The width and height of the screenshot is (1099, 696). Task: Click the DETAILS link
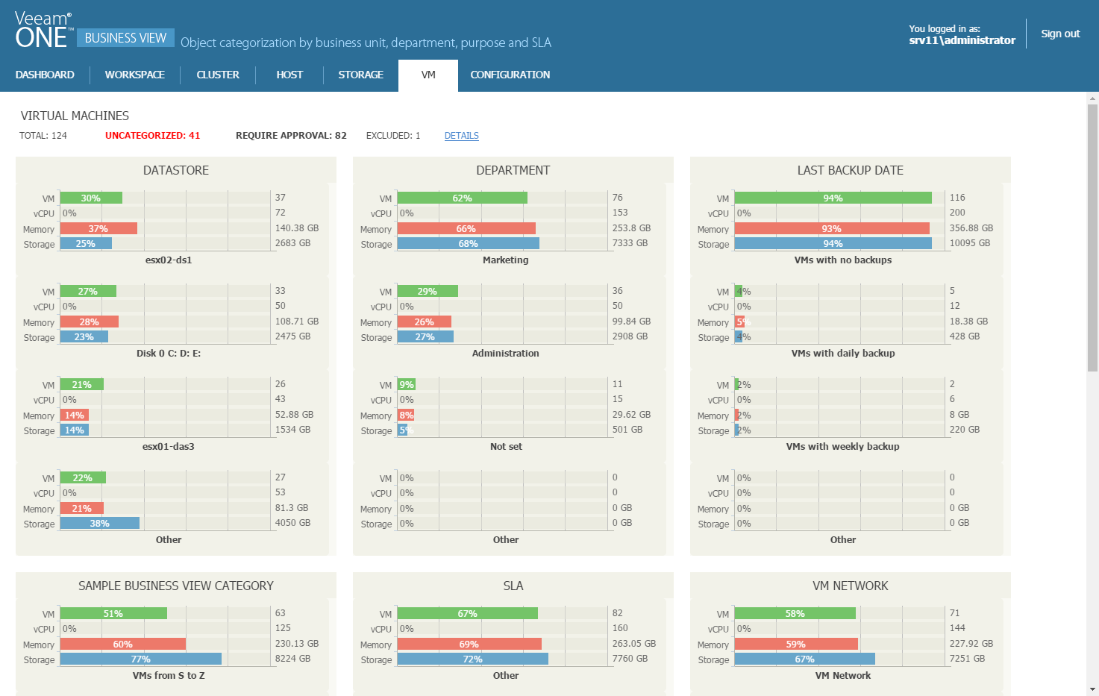pyautogui.click(x=461, y=136)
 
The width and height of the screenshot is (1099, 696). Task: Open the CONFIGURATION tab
pyautogui.click(x=510, y=75)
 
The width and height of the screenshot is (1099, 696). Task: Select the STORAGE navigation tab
pyautogui.click(x=360, y=75)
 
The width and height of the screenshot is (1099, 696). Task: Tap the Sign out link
pyautogui.click(x=1060, y=34)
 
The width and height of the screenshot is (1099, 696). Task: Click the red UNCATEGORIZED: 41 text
pyautogui.click(x=152, y=136)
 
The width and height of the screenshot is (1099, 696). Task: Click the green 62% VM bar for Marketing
pyautogui.click(x=462, y=198)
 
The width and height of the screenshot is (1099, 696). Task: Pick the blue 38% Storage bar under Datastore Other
pyautogui.click(x=99, y=523)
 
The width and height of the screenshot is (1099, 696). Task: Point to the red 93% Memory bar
pyautogui.click(x=831, y=228)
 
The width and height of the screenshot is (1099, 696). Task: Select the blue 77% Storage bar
pyautogui.click(x=140, y=659)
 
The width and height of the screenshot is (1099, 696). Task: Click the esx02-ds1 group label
pyautogui.click(x=169, y=260)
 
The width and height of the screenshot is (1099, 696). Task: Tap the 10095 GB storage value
pyautogui.click(x=969, y=243)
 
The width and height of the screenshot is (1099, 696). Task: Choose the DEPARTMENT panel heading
pyautogui.click(x=513, y=170)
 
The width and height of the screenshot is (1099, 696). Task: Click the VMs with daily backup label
pyautogui.click(x=842, y=354)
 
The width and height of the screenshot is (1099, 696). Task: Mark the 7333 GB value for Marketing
pyautogui.click(x=630, y=243)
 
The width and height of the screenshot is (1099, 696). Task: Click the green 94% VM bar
pyautogui.click(x=833, y=198)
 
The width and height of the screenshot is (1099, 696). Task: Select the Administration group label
pyautogui.click(x=505, y=354)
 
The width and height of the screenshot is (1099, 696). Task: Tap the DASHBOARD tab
pyautogui.click(x=45, y=75)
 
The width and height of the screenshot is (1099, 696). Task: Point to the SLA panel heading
pyautogui.click(x=513, y=586)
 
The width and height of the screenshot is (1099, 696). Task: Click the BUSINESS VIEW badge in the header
pyautogui.click(x=125, y=38)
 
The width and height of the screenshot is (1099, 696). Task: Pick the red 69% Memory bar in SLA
pyautogui.click(x=469, y=644)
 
